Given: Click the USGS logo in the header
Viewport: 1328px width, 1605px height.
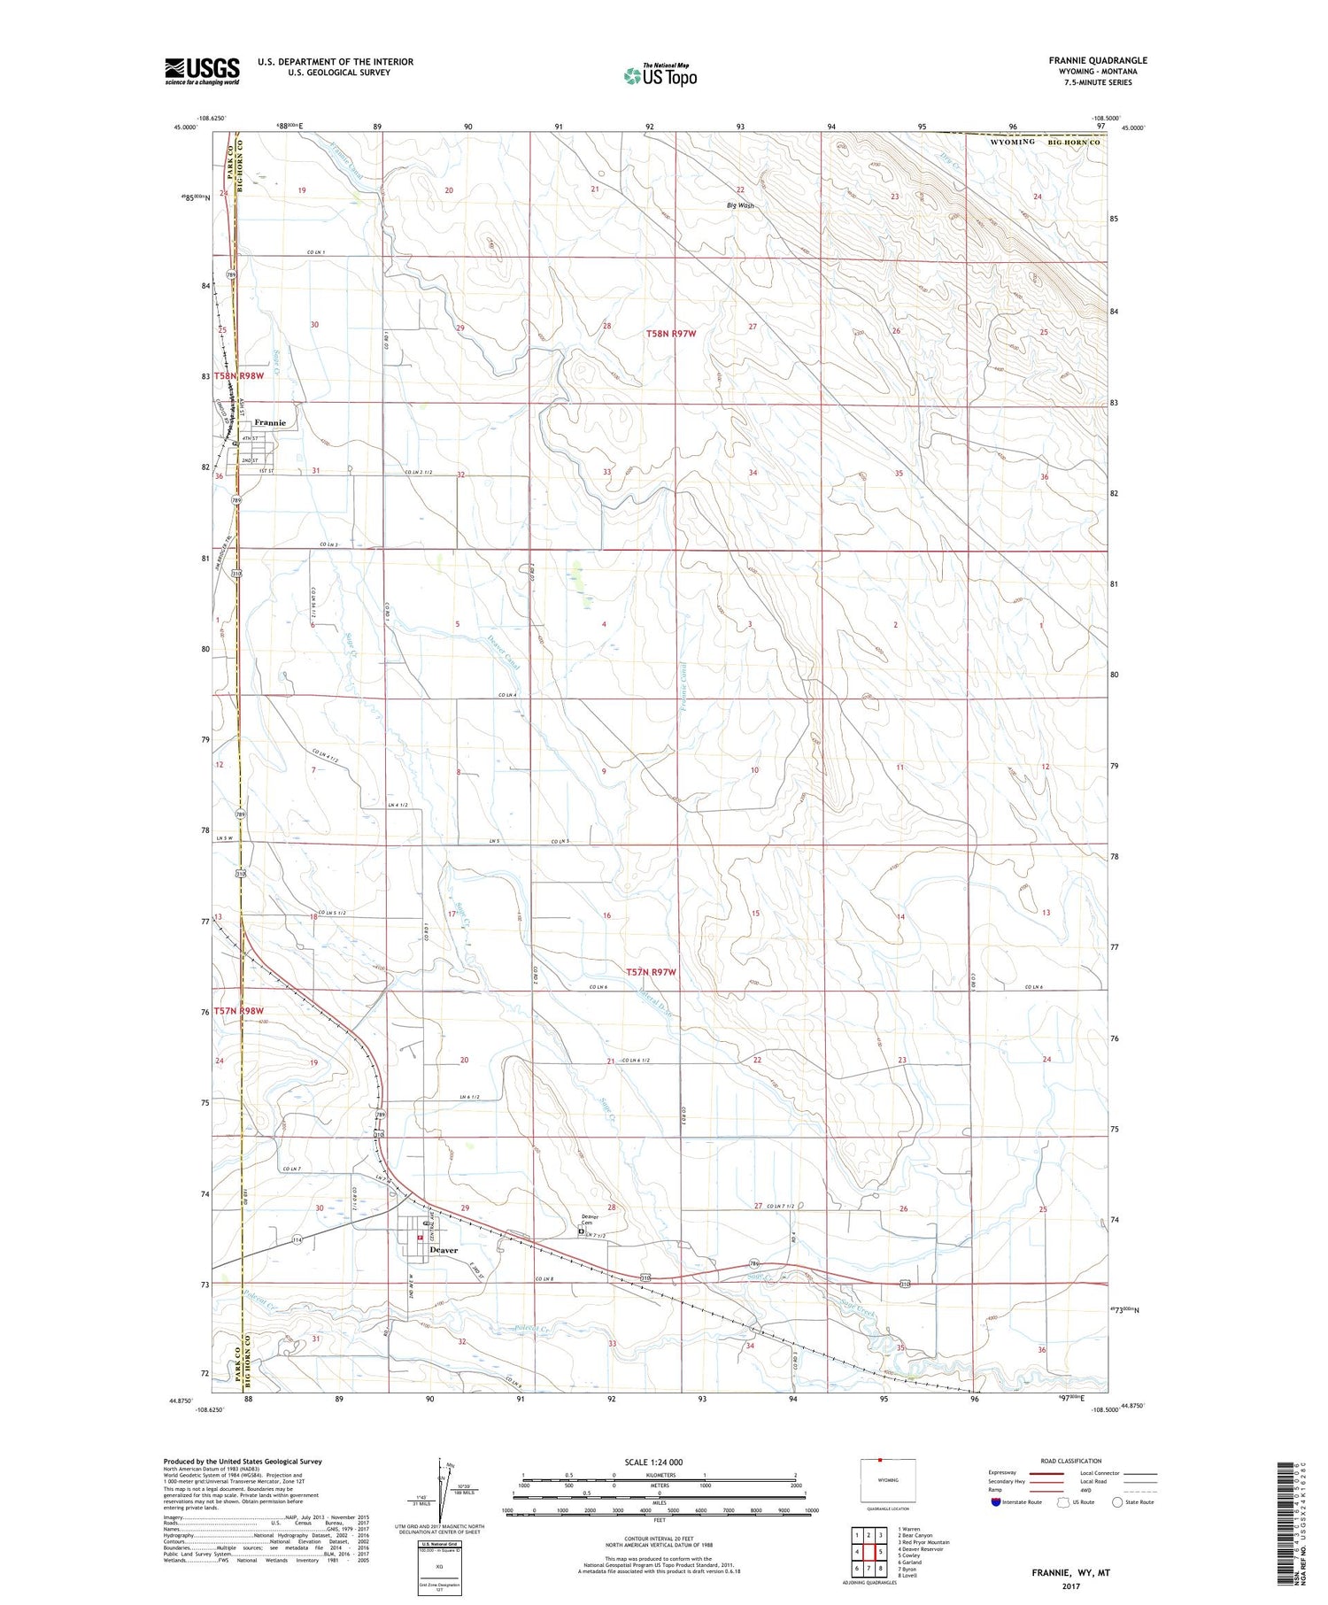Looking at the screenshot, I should click(x=202, y=71).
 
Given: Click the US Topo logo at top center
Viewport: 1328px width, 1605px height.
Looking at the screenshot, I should click(x=660, y=76).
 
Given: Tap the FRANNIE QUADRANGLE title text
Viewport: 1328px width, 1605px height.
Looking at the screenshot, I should click(x=1098, y=60).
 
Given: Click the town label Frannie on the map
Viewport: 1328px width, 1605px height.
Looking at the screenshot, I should click(x=270, y=423).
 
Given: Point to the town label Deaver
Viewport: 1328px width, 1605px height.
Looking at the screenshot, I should click(x=444, y=1250).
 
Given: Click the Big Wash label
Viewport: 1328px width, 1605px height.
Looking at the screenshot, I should click(x=740, y=205).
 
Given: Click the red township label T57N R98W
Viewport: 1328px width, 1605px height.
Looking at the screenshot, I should click(x=238, y=1010).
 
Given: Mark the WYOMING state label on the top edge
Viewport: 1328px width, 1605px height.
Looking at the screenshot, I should click(x=1012, y=142).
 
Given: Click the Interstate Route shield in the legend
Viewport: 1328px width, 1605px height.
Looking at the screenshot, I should click(x=996, y=1502).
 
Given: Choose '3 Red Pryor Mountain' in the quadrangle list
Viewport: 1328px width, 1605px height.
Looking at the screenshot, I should click(x=923, y=1517).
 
